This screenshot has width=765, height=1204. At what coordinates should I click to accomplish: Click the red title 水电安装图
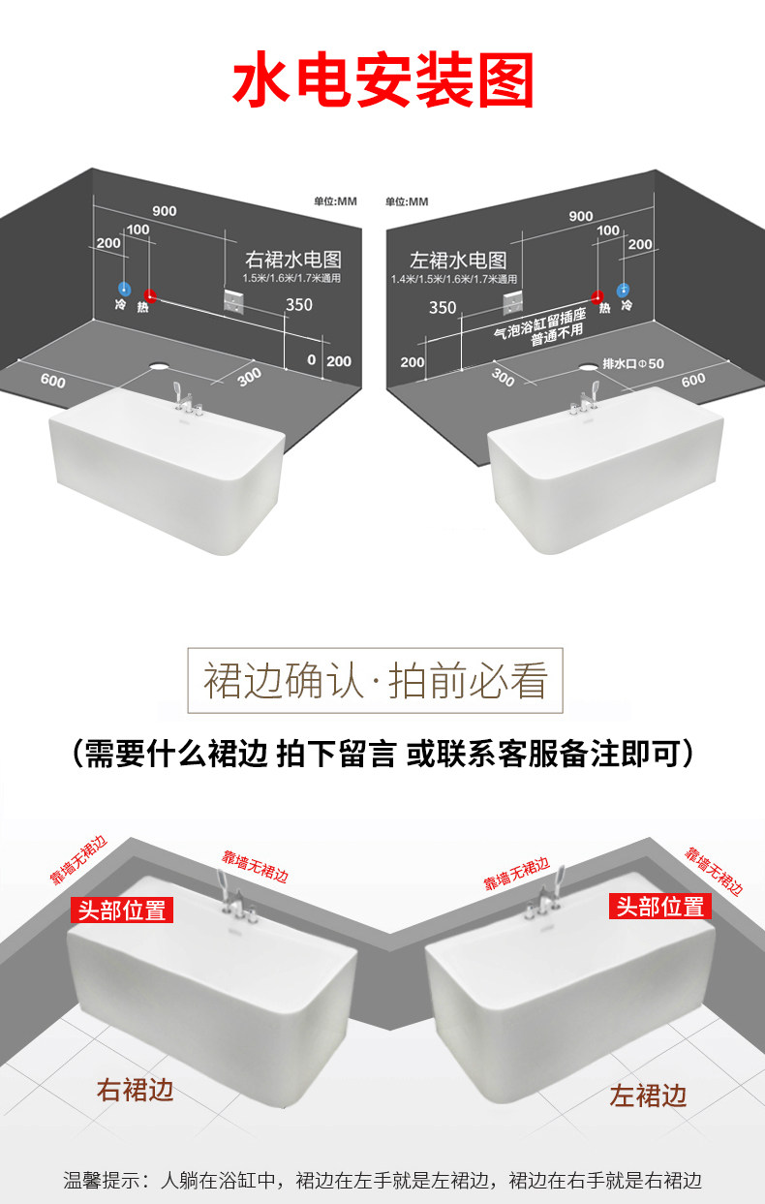[382, 82]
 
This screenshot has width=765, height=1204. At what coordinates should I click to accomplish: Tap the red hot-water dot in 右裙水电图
[149, 294]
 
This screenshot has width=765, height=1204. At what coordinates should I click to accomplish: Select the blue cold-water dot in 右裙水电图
[123, 289]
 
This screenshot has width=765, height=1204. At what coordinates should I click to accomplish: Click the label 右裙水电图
[293, 260]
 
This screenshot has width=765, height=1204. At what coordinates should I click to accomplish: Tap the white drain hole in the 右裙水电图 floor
[158, 366]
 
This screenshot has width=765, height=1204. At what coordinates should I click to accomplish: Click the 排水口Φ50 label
[633, 363]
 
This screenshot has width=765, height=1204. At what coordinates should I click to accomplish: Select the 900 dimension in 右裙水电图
[164, 211]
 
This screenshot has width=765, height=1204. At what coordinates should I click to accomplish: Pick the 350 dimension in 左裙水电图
[442, 308]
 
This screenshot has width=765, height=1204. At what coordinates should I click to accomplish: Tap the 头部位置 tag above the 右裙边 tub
[122, 910]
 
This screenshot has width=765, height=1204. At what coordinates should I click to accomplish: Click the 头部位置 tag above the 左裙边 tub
[660, 906]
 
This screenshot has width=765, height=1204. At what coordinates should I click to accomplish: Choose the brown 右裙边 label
[135, 1090]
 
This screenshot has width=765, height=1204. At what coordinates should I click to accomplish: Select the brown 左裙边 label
[648, 1096]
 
